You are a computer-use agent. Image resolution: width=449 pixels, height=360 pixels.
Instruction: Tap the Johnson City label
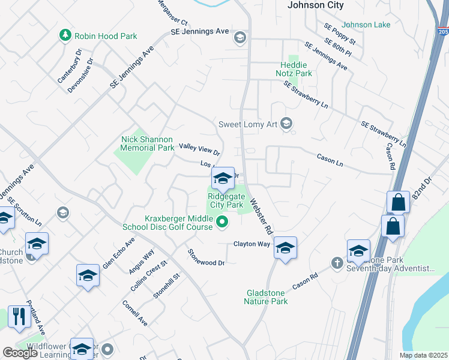tap(316, 5)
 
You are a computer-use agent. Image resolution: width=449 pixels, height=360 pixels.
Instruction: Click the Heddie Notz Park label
tap(296, 69)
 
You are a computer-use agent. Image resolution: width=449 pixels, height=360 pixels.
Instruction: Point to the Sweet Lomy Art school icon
tap(287, 124)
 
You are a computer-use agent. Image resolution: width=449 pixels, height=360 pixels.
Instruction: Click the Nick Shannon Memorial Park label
tap(148, 143)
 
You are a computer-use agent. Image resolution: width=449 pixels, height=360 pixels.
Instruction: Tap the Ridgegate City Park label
tap(225, 200)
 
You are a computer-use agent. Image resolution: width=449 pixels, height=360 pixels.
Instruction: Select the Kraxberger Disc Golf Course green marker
tap(222, 223)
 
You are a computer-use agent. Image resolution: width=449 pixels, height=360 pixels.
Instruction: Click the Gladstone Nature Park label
tap(266, 297)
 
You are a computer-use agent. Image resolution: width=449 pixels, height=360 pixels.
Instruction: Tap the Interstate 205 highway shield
tap(443, 31)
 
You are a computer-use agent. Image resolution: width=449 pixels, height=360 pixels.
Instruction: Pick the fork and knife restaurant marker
tap(19, 316)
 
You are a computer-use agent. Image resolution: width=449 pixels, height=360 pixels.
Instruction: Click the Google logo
tap(20, 353)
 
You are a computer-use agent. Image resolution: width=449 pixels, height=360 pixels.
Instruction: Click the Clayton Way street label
tap(252, 244)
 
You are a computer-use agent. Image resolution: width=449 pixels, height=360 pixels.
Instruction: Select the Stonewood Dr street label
tap(206, 258)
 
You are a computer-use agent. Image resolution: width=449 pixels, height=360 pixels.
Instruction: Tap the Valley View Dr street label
tap(200, 146)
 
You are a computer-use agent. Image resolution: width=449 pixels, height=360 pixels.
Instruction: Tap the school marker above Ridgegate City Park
tap(223, 178)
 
